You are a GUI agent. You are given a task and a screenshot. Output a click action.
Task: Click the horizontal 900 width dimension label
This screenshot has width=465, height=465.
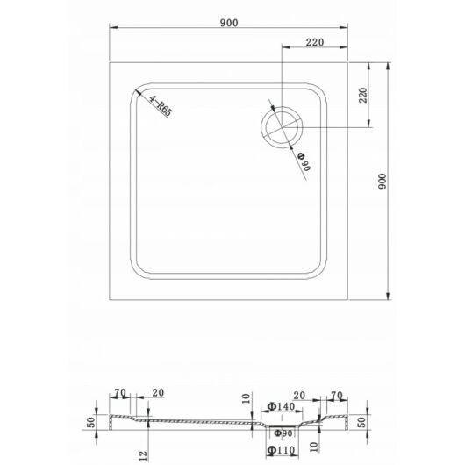click(x=229, y=23)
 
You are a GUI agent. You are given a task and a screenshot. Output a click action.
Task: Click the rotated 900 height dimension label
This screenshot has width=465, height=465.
click(x=383, y=182)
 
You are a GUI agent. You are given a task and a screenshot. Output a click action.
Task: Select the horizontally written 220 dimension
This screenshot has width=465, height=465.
click(x=315, y=42)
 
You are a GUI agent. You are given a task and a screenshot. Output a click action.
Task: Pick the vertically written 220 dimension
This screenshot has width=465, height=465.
click(x=363, y=96)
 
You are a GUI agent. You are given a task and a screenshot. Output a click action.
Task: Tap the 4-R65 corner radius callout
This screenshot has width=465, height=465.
click(x=161, y=106)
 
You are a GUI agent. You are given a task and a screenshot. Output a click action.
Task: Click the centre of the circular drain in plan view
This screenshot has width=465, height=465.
click(x=282, y=127)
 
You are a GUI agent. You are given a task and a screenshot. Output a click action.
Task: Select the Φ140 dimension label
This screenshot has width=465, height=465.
click(x=281, y=406)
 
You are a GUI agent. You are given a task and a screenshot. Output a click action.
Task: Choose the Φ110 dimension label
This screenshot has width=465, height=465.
click(x=281, y=450)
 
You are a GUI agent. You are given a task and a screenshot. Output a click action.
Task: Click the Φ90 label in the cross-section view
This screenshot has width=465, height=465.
click(x=283, y=433)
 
